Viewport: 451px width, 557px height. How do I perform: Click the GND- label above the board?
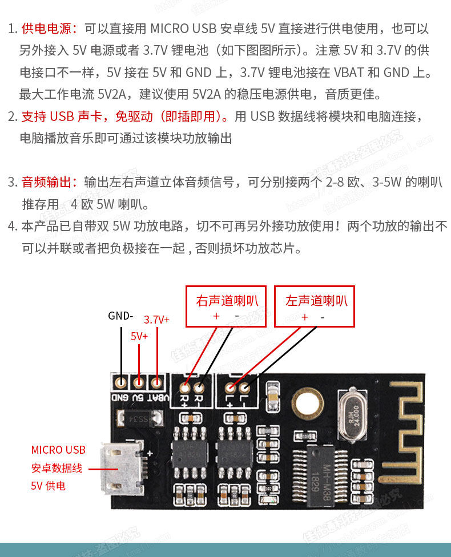(120, 316)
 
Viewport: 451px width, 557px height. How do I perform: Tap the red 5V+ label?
(139, 336)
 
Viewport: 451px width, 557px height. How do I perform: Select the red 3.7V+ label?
(156, 320)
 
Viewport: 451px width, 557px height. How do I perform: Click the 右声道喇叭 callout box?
(226, 306)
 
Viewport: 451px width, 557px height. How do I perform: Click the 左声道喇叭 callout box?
(315, 306)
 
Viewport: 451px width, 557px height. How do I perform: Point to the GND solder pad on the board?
(121, 381)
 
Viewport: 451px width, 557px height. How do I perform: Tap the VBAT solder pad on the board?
(156, 381)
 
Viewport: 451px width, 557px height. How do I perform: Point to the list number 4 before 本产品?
(12, 227)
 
